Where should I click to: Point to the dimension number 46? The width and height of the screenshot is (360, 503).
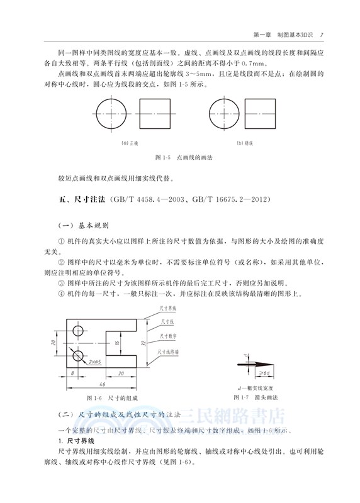pos(101,383)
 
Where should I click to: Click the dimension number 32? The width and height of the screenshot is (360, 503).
pos(144,343)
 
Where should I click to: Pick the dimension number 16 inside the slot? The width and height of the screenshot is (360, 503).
pos(116,343)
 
